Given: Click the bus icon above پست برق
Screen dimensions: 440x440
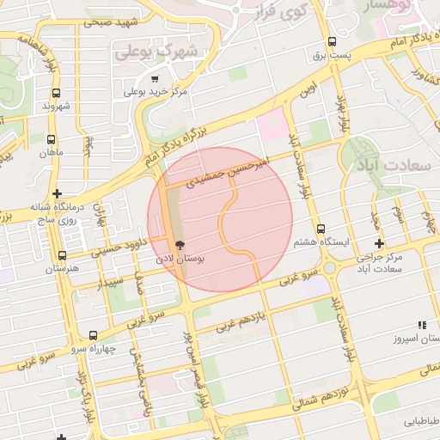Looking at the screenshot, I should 332,42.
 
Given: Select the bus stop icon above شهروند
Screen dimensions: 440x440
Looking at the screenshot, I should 57,93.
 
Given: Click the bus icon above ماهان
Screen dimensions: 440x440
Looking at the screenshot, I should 52,138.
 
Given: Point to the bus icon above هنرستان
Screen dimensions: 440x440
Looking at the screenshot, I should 61,255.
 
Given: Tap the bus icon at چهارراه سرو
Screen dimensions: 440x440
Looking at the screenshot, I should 93,335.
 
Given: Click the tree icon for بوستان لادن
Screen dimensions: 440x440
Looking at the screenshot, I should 179,245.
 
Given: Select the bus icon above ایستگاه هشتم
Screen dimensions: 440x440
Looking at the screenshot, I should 321,229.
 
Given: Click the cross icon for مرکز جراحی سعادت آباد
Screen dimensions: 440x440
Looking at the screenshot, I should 379,244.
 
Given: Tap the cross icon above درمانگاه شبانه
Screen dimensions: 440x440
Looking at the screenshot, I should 57,193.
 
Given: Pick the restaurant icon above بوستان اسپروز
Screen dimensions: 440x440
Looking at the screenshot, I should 421,325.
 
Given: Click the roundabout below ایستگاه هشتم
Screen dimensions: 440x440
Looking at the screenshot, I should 329,268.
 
